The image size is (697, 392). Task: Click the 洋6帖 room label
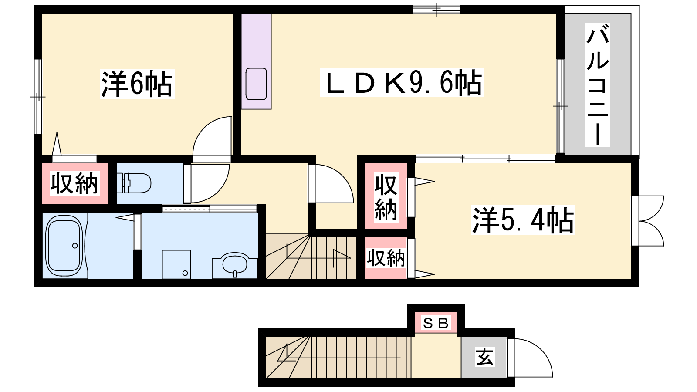(137, 84)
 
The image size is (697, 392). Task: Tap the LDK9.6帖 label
(402, 82)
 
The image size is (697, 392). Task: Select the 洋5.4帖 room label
(523, 220)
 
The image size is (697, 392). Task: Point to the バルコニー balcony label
(597, 85)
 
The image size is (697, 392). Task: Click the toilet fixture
(134, 183)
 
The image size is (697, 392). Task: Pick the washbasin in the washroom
(235, 264)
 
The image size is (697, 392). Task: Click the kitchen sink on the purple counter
(256, 84)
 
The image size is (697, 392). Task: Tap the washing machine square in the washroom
(176, 264)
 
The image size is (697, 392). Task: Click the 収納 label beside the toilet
(74, 183)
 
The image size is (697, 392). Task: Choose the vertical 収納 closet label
(386, 197)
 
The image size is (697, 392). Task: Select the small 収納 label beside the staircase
(386, 258)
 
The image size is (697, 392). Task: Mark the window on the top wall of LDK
(436, 9)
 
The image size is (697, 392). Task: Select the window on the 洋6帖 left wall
(37, 97)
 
